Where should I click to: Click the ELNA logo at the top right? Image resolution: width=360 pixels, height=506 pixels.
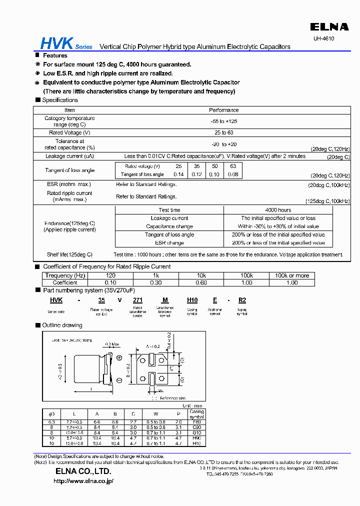(328, 26)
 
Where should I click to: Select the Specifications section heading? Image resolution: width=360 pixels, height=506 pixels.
(60, 100)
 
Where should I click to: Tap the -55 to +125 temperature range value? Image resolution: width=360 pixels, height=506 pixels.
(223, 121)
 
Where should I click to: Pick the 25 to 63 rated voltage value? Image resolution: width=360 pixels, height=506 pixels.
(223, 132)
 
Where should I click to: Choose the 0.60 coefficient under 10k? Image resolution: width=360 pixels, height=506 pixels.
(201, 282)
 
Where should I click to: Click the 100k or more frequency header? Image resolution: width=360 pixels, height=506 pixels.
(292, 275)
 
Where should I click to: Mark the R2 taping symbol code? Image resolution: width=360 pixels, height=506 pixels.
(241, 300)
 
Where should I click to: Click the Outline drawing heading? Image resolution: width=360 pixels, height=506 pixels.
(62, 325)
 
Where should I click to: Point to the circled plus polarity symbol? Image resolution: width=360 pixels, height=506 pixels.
(119, 358)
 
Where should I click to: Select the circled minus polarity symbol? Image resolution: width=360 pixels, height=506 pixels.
(119, 380)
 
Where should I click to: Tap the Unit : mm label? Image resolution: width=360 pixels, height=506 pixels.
(192, 405)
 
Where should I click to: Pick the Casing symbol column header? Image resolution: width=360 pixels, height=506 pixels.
(196, 414)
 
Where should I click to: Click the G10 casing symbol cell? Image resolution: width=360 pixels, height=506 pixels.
(196, 432)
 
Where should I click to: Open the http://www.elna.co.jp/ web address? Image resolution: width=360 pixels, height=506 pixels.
(83, 481)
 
